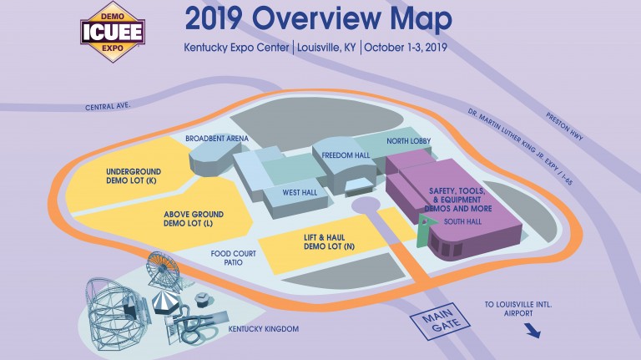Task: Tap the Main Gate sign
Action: coord(441,322)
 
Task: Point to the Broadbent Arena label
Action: coord(216,139)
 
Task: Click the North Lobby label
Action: coord(408,142)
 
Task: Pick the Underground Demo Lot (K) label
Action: coord(134,175)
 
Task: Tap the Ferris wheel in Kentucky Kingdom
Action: coord(163,269)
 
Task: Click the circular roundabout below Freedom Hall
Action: coord(366,205)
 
